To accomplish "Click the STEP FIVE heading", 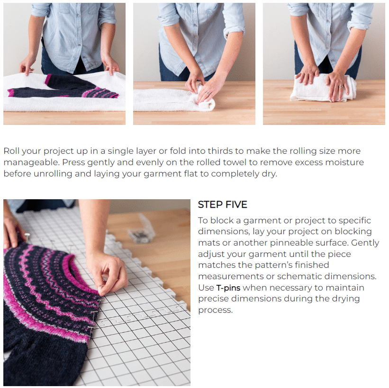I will [222, 204].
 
